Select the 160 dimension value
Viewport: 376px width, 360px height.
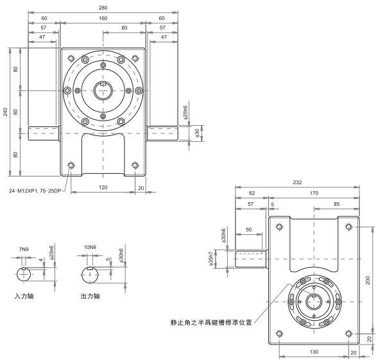point(103,19)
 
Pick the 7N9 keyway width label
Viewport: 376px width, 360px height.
point(24,248)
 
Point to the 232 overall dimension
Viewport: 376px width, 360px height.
point(296,182)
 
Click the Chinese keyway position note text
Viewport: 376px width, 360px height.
point(207,323)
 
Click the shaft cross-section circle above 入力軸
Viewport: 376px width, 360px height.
point(25,274)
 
